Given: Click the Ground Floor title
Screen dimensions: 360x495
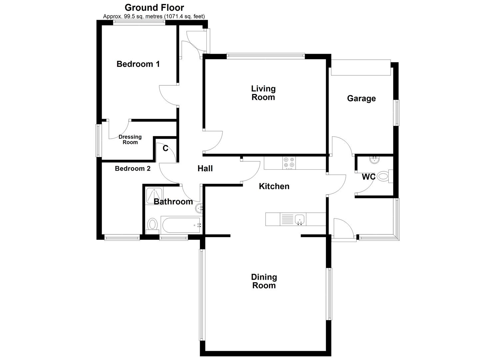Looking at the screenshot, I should pyautogui.click(x=154, y=7).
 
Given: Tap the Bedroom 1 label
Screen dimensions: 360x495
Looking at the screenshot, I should pyautogui.click(x=138, y=64).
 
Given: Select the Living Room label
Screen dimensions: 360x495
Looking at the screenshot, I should pyautogui.click(x=263, y=93).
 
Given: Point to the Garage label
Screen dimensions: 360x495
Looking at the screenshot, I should pyautogui.click(x=361, y=98).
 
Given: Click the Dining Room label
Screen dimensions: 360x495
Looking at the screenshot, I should pyautogui.click(x=264, y=281).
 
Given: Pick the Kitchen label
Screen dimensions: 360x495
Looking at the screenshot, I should pyautogui.click(x=274, y=186).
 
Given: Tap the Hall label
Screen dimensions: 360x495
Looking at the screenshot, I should pyautogui.click(x=205, y=169).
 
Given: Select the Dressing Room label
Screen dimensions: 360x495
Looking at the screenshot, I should pyautogui.click(x=130, y=140).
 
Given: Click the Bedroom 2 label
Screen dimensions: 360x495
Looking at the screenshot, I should pyautogui.click(x=133, y=169).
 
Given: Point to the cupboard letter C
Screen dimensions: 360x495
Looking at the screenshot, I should pyautogui.click(x=165, y=149).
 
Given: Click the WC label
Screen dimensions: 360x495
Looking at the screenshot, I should pyautogui.click(x=369, y=177).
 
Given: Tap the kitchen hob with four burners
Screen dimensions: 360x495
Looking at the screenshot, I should pyautogui.click(x=289, y=163).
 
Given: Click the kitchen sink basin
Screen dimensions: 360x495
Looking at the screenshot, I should pyautogui.click(x=300, y=219).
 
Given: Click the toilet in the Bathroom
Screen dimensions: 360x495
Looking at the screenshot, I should pyautogui.click(x=152, y=225).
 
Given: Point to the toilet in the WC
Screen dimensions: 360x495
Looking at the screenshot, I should pyautogui.click(x=384, y=176).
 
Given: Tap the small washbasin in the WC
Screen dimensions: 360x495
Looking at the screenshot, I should pyautogui.click(x=375, y=160).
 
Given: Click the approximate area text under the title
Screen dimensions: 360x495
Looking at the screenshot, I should pyautogui.click(x=154, y=16).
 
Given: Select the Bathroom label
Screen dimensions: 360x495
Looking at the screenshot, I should pyautogui.click(x=173, y=202).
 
